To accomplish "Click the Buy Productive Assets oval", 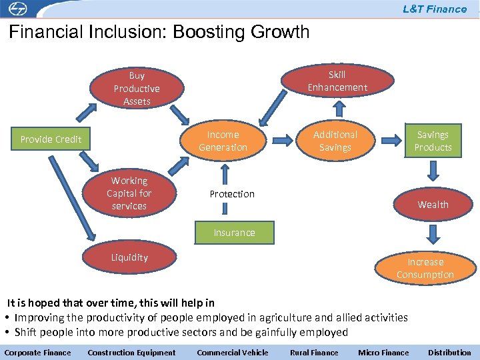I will click(x=137, y=89).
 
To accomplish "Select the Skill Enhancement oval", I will click(x=337, y=81).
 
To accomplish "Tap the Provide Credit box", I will click(x=51, y=139).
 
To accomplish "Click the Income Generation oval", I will click(x=223, y=141).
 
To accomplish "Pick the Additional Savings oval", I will click(x=335, y=141).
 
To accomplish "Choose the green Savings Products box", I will click(x=433, y=141).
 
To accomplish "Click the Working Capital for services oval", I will click(x=129, y=193).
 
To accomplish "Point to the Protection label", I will click(x=232, y=194).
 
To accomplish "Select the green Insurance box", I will click(x=234, y=233).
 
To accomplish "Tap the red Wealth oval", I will click(x=433, y=205).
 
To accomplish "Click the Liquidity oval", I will click(x=129, y=257).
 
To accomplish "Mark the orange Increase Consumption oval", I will click(x=425, y=268).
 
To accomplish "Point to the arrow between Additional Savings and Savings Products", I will click(x=391, y=139).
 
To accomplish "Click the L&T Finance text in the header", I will click(x=435, y=9).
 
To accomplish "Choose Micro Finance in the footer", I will click(x=383, y=353).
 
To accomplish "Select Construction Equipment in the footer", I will click(x=132, y=353).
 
